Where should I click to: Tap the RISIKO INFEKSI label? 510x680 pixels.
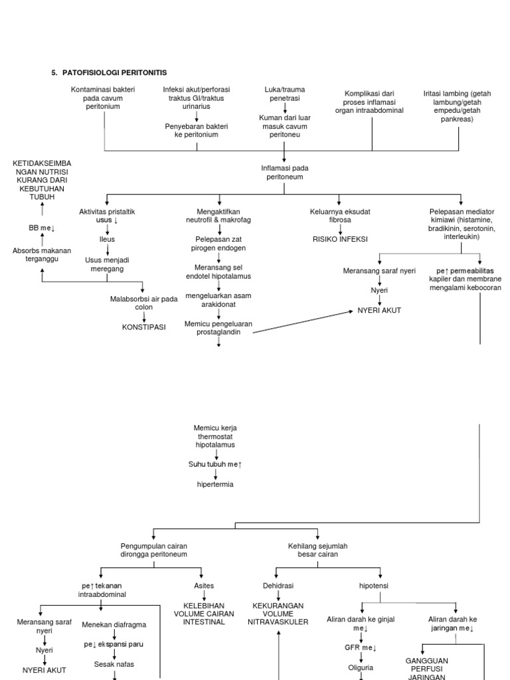tap(340, 239)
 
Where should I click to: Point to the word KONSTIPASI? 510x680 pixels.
tap(143, 327)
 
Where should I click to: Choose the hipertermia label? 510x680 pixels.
tap(215, 484)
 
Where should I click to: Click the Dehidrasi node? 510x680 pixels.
tap(278, 586)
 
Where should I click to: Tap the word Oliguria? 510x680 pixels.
tap(362, 667)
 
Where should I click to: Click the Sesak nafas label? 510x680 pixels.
tap(114, 663)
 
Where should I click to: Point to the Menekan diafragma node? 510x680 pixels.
tap(114, 624)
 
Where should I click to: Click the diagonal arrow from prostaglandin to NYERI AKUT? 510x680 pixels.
tap(302, 321)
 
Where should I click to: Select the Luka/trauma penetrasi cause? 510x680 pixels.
tap(284, 94)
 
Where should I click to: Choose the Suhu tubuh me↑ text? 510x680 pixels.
tap(215, 465)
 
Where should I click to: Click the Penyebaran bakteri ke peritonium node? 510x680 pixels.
tap(192, 129)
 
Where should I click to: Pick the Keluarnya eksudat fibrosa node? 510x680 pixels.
tap(340, 215)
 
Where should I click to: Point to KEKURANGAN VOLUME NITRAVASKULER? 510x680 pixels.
tap(278, 614)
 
